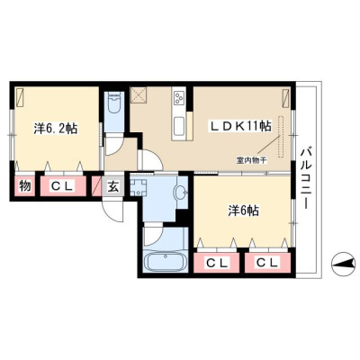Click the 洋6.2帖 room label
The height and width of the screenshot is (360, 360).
point(56,129)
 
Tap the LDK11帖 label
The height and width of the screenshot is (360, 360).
point(240,126)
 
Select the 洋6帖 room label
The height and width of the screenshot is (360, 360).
point(243,211)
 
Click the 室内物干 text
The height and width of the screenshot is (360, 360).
point(251,161)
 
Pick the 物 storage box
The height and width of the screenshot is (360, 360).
point(25,186)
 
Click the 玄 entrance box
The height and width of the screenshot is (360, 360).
point(112,187)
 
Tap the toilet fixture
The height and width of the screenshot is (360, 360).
point(114,103)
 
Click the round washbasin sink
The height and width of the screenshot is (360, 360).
point(181,192)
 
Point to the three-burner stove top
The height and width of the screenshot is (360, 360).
point(179,96)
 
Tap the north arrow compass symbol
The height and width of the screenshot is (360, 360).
point(341,264)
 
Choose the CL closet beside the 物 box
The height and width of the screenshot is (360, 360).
point(63,186)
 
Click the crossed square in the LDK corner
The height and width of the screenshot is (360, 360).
point(139,95)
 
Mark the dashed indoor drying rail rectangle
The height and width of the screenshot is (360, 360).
point(281,137)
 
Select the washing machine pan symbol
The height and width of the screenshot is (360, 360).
point(139,186)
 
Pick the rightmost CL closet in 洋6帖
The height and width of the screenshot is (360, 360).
point(267,263)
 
